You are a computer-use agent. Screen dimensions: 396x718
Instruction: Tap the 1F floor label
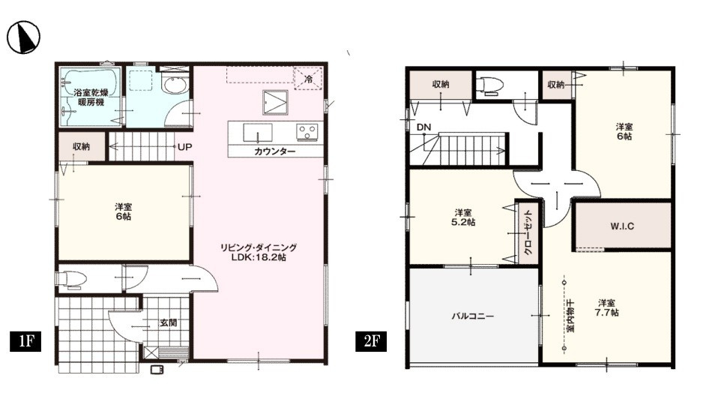25,342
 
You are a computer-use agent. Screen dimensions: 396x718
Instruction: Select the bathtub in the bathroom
89,97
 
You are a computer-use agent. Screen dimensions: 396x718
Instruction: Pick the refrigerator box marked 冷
308,78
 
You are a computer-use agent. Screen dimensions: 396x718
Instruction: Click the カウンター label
274,151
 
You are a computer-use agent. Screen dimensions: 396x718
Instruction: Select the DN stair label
424,127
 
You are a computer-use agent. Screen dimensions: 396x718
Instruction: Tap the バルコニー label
472,316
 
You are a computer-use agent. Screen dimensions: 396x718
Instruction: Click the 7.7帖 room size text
606,312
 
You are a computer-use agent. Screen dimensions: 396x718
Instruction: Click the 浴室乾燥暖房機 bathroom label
90,97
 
